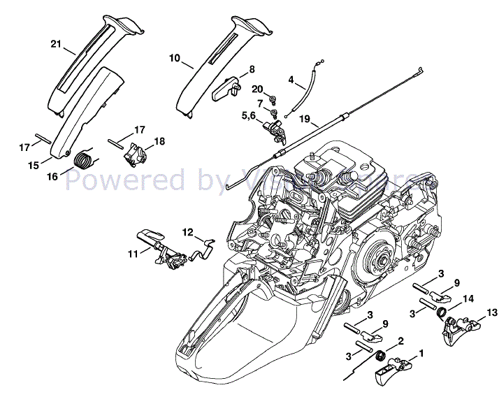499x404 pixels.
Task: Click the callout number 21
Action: [57, 43]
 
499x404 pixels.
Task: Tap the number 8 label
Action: [252, 68]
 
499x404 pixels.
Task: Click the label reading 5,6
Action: [249, 115]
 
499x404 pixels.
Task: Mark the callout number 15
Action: [33, 165]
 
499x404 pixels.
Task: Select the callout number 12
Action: [187, 231]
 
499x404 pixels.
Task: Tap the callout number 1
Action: [421, 354]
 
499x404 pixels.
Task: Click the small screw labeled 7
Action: [275, 113]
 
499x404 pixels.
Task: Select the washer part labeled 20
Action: [272, 97]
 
